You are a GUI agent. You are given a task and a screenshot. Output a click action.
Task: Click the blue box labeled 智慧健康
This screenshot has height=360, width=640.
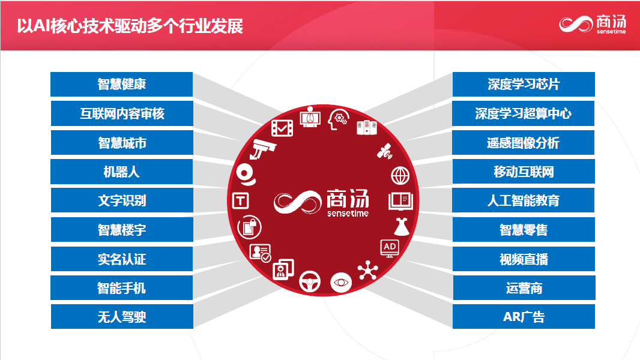point(122,85)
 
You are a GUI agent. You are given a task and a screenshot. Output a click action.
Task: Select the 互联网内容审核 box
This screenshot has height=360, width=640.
point(122,114)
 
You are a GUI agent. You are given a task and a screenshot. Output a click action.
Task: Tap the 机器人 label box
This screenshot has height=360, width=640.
point(122,172)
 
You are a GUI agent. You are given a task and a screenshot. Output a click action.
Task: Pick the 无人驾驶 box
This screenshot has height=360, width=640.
point(122,317)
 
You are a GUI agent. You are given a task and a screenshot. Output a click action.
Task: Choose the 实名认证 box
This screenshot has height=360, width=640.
point(122,259)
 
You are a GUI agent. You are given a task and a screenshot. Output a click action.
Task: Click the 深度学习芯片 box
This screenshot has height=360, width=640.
point(524,85)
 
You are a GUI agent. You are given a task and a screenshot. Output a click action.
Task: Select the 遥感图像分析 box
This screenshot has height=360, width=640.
point(524,143)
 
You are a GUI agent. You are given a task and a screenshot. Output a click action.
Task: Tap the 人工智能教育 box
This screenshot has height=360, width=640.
point(524,200)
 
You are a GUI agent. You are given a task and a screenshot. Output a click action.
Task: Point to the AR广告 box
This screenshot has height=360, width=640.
point(524,317)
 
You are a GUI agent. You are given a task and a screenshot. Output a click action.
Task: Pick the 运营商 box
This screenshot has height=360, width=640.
point(524,288)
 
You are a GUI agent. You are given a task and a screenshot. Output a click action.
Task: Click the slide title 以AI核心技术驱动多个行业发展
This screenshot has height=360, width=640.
point(130,26)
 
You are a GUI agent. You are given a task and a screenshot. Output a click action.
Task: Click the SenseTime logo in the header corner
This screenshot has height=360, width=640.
point(593,25)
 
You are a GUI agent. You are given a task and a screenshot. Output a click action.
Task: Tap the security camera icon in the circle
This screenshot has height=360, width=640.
point(263,149)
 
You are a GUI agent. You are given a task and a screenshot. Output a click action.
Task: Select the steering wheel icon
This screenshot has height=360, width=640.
point(310,281)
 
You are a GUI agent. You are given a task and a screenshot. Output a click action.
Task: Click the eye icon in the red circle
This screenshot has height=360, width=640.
point(341,282)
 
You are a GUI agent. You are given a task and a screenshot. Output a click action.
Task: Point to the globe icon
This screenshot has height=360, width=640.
point(400,176)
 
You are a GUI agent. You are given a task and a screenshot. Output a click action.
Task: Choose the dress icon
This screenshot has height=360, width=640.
point(402,227)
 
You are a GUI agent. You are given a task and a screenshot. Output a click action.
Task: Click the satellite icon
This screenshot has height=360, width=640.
point(385,151)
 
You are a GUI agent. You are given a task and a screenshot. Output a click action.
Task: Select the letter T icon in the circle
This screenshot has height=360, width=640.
point(240,201)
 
